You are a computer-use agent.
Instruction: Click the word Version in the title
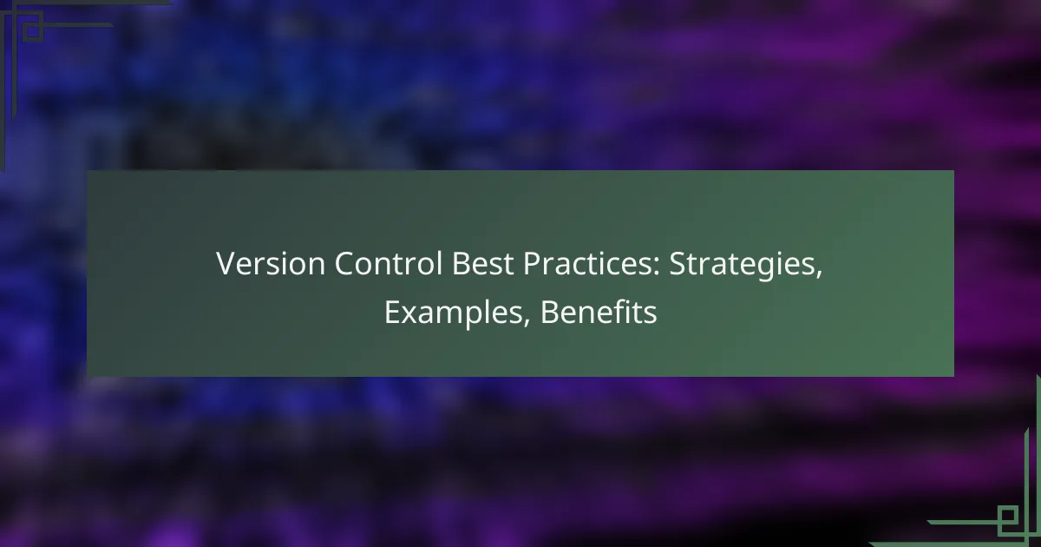coord(258,266)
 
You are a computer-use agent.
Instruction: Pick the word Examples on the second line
coord(457,313)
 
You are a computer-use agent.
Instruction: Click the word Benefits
coord(599,313)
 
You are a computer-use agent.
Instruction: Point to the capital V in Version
coord(225,266)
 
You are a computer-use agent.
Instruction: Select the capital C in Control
coord(317,266)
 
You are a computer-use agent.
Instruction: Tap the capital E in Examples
coord(391,313)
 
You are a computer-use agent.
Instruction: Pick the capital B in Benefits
coord(548,313)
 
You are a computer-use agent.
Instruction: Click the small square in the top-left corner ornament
coord(31,31)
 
